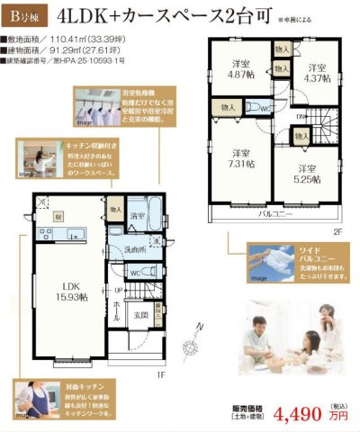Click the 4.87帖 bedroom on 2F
tap(239, 69)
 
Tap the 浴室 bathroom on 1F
tap(137, 216)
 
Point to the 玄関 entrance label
tap(142, 315)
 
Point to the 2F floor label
tap(337, 230)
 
